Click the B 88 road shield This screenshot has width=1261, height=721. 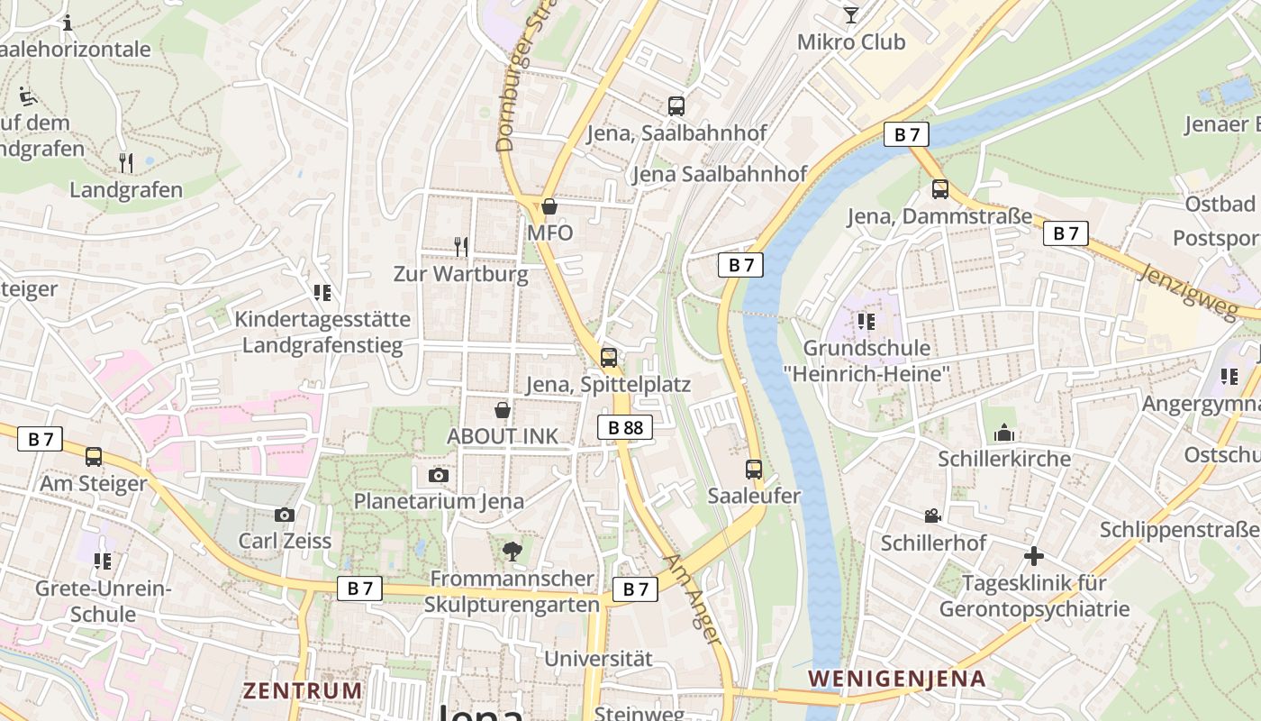[625, 427]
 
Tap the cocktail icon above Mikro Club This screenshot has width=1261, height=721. [850, 14]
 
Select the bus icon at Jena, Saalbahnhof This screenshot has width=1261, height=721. [676, 106]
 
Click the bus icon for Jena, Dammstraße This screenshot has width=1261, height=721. [940, 189]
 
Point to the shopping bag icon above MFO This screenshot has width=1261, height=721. [549, 206]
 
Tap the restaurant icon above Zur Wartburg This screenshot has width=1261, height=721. [461, 246]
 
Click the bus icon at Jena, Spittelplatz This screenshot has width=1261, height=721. [609, 358]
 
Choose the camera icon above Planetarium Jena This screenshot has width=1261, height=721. [439, 475]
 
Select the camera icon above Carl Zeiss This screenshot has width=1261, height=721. [285, 515]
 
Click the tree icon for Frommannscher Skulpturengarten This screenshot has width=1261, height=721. [512, 551]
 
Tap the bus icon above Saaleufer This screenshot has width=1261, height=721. [754, 470]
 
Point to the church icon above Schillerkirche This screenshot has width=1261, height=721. [1004, 434]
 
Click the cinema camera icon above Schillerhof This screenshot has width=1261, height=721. [933, 516]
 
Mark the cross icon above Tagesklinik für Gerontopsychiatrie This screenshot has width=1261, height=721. [1034, 556]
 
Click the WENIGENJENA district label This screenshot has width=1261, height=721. [897, 679]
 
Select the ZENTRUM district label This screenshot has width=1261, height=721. [303, 691]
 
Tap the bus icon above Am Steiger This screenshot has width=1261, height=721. [94, 457]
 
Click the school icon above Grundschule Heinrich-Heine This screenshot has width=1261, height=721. [866, 321]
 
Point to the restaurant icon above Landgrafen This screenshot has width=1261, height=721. [126, 163]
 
